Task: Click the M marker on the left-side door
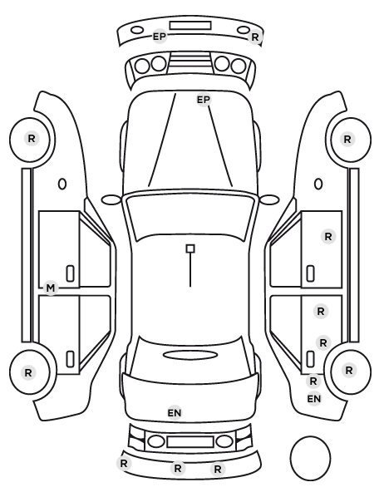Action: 51,288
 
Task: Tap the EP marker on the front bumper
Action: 160,37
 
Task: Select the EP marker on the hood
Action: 204,100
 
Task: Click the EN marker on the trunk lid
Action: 174,413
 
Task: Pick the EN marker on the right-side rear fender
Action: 314,399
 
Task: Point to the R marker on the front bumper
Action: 255,37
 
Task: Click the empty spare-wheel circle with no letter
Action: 310,458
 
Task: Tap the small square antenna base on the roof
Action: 190,248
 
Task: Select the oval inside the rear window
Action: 190,355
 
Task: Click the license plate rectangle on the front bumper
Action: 190,26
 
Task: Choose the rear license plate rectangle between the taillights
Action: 190,441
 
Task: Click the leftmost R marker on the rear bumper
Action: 124,464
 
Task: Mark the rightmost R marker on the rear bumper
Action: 218,469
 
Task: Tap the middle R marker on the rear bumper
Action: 178,468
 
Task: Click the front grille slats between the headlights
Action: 190,61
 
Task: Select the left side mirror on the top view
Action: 111,199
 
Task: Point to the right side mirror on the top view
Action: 269,199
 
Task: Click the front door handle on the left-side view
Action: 70,273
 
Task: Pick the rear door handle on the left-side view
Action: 70,359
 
